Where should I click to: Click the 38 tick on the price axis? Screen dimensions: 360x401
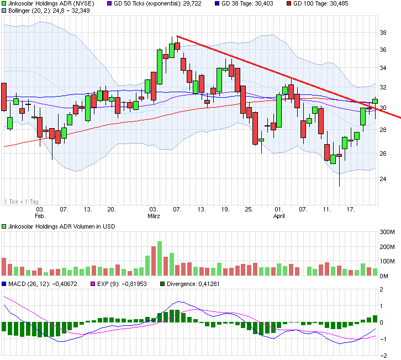coord(382,33)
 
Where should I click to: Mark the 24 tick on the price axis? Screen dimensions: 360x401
coord(382,179)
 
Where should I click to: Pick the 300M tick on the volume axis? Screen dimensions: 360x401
coord(386,232)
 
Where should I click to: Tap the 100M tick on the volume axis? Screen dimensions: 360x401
coord(386,261)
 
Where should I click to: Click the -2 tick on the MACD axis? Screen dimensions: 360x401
coord(382,355)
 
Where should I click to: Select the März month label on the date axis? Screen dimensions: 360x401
coord(154,216)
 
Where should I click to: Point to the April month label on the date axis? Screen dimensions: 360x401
coord(279,216)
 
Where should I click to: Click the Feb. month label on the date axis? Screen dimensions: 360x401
coord(40,216)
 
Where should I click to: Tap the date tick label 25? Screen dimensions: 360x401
coord(249,210)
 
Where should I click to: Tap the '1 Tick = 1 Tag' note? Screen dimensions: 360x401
coord(22,202)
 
